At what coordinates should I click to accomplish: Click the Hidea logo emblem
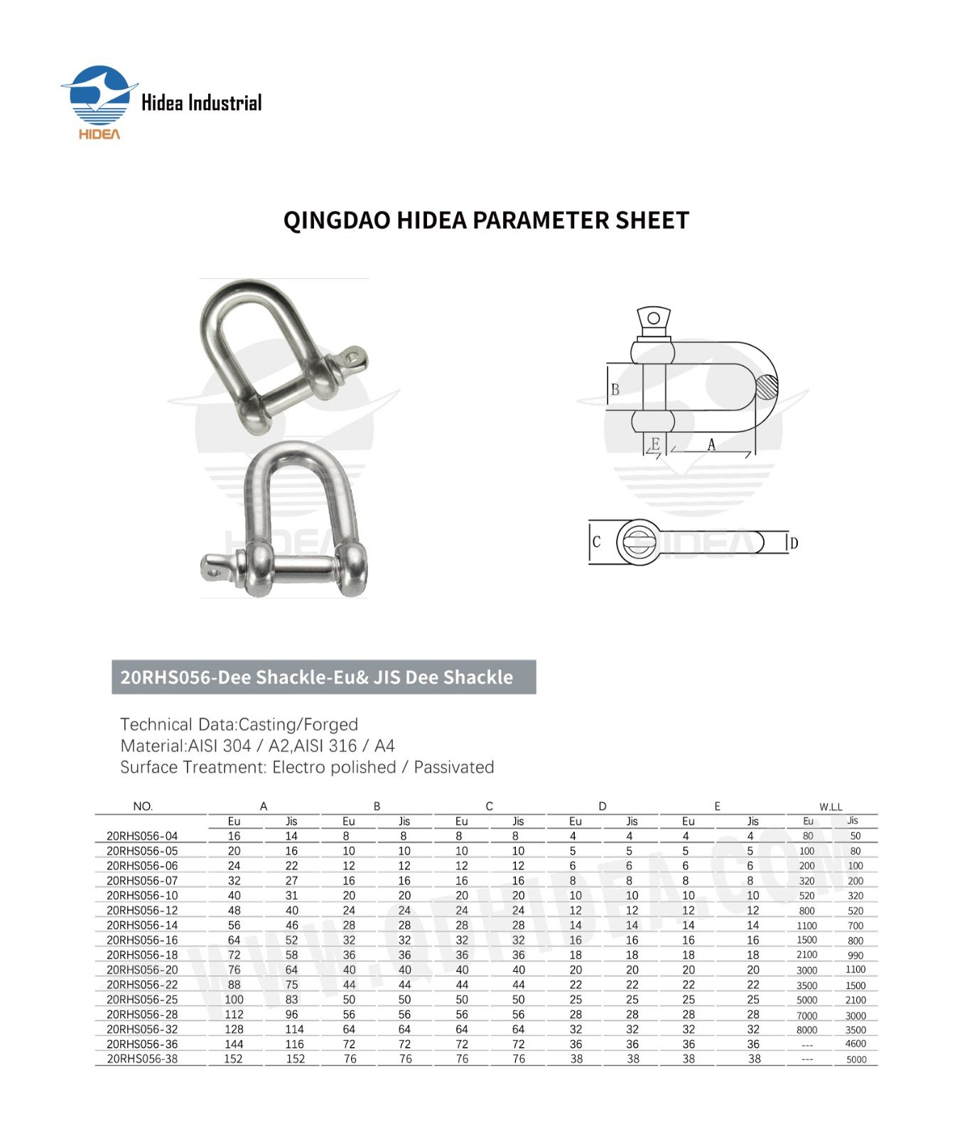[99, 99]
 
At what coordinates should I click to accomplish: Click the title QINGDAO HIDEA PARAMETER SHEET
[486, 220]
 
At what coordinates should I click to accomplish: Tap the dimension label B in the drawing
[615, 389]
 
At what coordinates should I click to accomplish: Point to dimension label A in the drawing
[711, 445]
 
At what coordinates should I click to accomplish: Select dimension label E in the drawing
[655, 444]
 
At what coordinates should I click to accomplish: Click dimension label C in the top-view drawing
[596, 542]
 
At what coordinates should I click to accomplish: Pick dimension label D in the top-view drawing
[794, 543]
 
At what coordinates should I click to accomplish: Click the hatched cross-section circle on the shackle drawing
[766, 387]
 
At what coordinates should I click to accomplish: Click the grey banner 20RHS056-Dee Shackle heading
[323, 677]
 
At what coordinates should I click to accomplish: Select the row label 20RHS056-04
[142, 836]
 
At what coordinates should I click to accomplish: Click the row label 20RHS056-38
[142, 1059]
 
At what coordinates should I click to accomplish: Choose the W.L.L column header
[831, 807]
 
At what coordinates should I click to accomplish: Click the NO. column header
[143, 807]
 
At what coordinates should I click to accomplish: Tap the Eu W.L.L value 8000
[806, 1030]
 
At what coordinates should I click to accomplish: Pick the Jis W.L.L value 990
[855, 956]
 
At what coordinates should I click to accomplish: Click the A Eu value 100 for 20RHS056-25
[234, 1000]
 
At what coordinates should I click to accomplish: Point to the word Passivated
[453, 768]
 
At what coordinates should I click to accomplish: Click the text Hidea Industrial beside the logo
[201, 104]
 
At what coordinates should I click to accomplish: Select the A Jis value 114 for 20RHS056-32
[294, 1029]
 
